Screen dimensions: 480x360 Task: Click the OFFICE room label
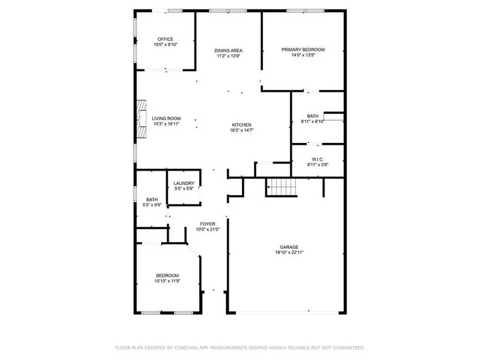(x=165, y=39)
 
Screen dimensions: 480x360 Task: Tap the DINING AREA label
(x=228, y=50)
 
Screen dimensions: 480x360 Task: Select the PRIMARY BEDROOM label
(x=303, y=49)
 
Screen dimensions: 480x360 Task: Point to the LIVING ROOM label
(x=166, y=119)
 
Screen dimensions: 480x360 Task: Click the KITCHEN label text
(x=241, y=125)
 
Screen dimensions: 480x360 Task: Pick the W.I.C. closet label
(x=318, y=159)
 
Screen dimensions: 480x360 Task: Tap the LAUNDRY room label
(x=184, y=183)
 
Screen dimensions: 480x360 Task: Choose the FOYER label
(x=207, y=224)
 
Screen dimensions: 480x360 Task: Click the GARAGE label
(x=289, y=247)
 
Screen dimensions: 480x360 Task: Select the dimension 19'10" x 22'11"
(x=289, y=252)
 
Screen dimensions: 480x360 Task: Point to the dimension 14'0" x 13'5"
(x=303, y=55)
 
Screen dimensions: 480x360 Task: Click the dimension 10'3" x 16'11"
(x=166, y=124)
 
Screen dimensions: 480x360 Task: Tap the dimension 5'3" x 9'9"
(x=152, y=205)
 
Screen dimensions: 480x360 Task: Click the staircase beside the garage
(x=281, y=187)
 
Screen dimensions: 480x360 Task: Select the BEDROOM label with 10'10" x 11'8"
(x=167, y=276)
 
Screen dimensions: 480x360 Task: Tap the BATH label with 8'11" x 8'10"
(x=312, y=116)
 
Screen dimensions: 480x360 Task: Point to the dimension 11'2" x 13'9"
(x=228, y=56)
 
